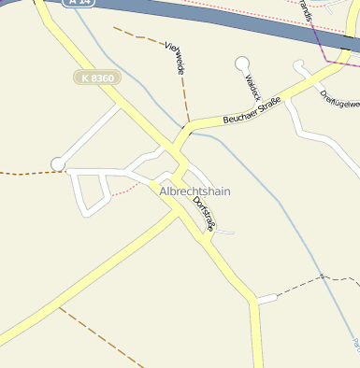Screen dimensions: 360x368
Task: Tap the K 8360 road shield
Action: [x=97, y=78]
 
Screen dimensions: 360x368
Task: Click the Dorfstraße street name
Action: [x=203, y=212]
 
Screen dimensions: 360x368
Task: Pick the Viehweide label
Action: [x=175, y=59]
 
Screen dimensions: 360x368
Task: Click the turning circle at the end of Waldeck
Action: [x=242, y=64]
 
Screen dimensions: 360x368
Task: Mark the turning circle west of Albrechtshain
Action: [x=58, y=164]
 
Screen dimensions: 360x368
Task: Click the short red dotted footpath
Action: [x=122, y=191]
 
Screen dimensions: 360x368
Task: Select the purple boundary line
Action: [x=320, y=42]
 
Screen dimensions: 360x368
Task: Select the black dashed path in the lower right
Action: [x=309, y=281]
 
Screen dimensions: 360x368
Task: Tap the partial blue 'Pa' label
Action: [x=355, y=347]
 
